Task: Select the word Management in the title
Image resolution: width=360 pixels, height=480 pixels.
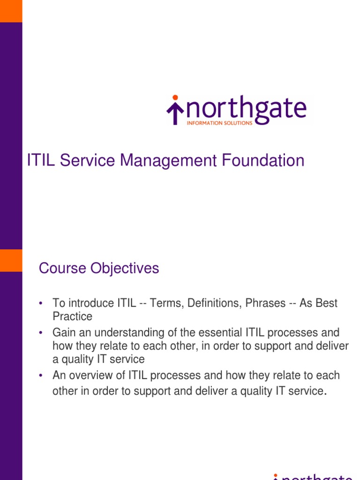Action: (168, 161)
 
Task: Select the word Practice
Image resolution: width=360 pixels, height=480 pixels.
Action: (72, 316)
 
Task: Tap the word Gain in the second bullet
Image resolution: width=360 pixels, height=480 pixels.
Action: (62, 333)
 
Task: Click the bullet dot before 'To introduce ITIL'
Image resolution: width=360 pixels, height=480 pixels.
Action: (42, 304)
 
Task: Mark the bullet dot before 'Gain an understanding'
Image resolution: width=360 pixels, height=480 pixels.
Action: (42, 333)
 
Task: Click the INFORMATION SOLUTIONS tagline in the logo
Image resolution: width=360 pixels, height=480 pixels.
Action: (219, 123)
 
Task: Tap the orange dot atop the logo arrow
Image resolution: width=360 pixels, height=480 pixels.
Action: (175, 98)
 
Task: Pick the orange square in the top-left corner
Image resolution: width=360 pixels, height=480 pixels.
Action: (11, 11)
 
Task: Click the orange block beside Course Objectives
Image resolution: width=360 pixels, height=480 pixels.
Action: (11, 260)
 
